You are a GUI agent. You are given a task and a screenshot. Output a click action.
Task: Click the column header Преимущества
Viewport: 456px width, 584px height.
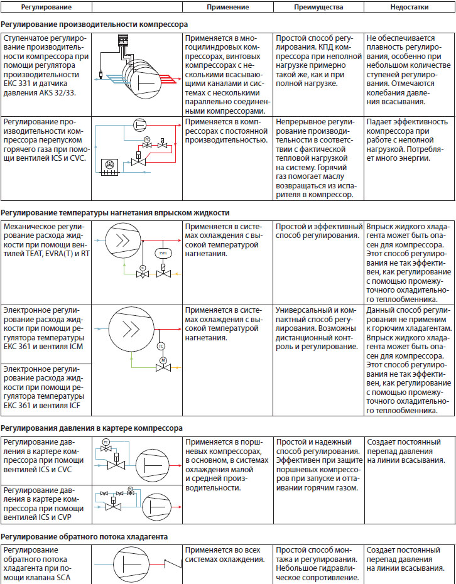(318, 8)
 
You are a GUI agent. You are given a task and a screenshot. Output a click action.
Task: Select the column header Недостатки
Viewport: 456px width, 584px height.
(409, 8)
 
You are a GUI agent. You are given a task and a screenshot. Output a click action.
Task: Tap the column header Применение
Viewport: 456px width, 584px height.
(227, 8)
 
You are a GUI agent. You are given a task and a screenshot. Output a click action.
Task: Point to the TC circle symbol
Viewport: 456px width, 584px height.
(160, 346)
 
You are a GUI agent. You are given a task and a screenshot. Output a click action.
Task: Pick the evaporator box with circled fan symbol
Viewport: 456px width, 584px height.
(109, 165)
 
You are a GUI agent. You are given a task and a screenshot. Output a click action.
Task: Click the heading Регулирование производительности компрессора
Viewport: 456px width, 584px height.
(94, 25)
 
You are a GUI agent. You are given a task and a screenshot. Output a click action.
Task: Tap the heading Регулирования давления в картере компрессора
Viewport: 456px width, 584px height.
(92, 428)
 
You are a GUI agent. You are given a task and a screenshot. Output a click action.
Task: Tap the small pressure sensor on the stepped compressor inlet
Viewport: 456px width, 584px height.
(101, 76)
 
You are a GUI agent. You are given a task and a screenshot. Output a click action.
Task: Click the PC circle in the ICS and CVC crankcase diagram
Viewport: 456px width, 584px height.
(106, 443)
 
